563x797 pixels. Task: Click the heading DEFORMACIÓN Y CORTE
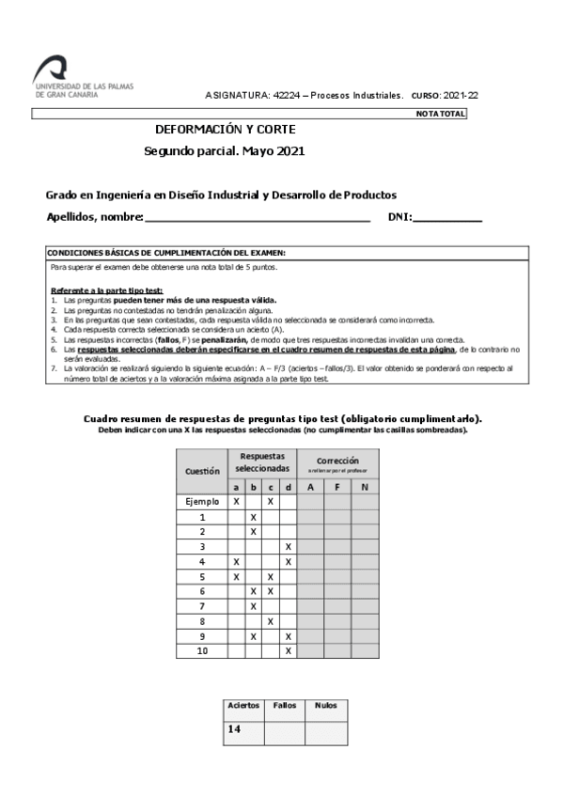[225, 131]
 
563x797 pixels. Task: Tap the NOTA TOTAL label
[440, 115]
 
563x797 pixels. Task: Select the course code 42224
[285, 96]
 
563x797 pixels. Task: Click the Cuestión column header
[202, 470]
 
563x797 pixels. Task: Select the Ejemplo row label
[202, 502]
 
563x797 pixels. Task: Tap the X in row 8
[271, 621]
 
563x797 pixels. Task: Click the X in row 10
[288, 650]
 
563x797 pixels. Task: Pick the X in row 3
[288, 547]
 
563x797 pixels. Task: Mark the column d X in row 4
[288, 562]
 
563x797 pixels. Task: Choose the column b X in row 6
[254, 591]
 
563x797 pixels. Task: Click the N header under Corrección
[365, 487]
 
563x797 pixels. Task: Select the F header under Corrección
[337, 487]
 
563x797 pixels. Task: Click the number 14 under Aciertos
[236, 728]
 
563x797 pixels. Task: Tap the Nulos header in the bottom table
[325, 705]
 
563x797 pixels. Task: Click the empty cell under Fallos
[285, 728]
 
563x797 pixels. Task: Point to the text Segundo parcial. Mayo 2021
[225, 150]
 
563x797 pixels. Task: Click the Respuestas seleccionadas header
[262, 461]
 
